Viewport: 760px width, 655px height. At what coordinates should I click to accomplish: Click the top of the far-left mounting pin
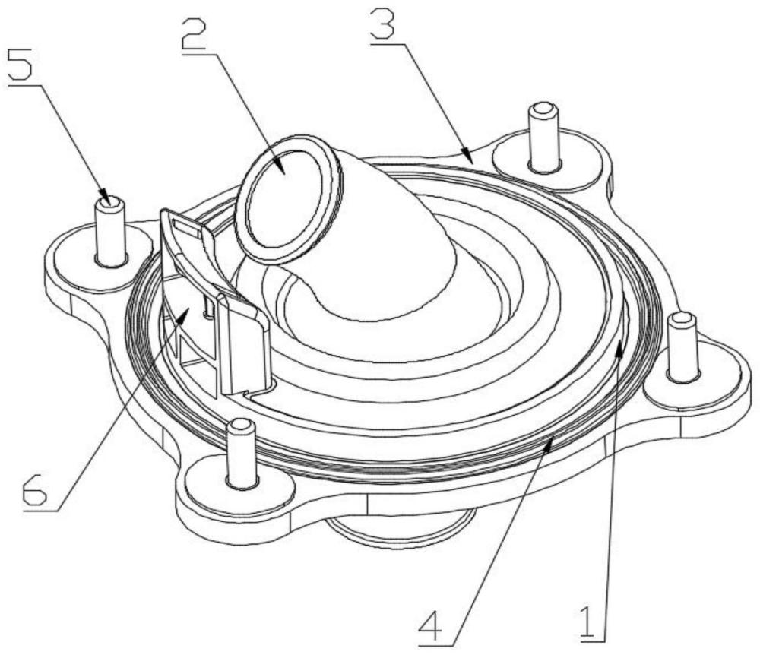(111, 202)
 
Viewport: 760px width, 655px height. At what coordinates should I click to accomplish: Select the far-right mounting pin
(682, 346)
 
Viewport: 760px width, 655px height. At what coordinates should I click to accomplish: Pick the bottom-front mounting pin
(241, 452)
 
